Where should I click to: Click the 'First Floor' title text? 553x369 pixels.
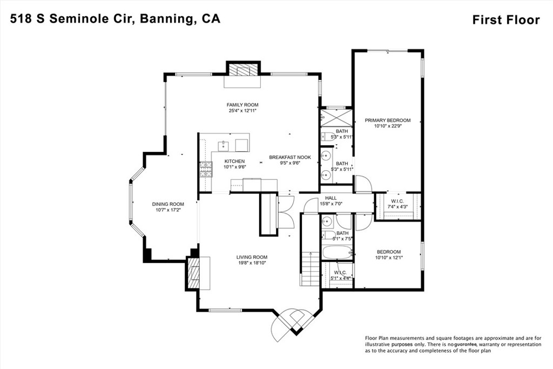(x=505, y=20)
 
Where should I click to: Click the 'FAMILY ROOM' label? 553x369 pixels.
(x=242, y=105)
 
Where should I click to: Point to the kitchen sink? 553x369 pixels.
(x=222, y=145)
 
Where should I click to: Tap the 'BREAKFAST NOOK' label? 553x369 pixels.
(x=290, y=157)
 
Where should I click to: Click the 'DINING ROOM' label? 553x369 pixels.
(x=166, y=204)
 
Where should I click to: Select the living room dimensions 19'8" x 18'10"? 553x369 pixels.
(x=251, y=263)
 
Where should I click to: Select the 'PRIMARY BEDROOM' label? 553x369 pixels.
(x=387, y=120)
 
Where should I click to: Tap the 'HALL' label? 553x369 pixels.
(x=331, y=198)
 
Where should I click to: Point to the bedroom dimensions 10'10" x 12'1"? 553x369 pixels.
(x=389, y=258)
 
